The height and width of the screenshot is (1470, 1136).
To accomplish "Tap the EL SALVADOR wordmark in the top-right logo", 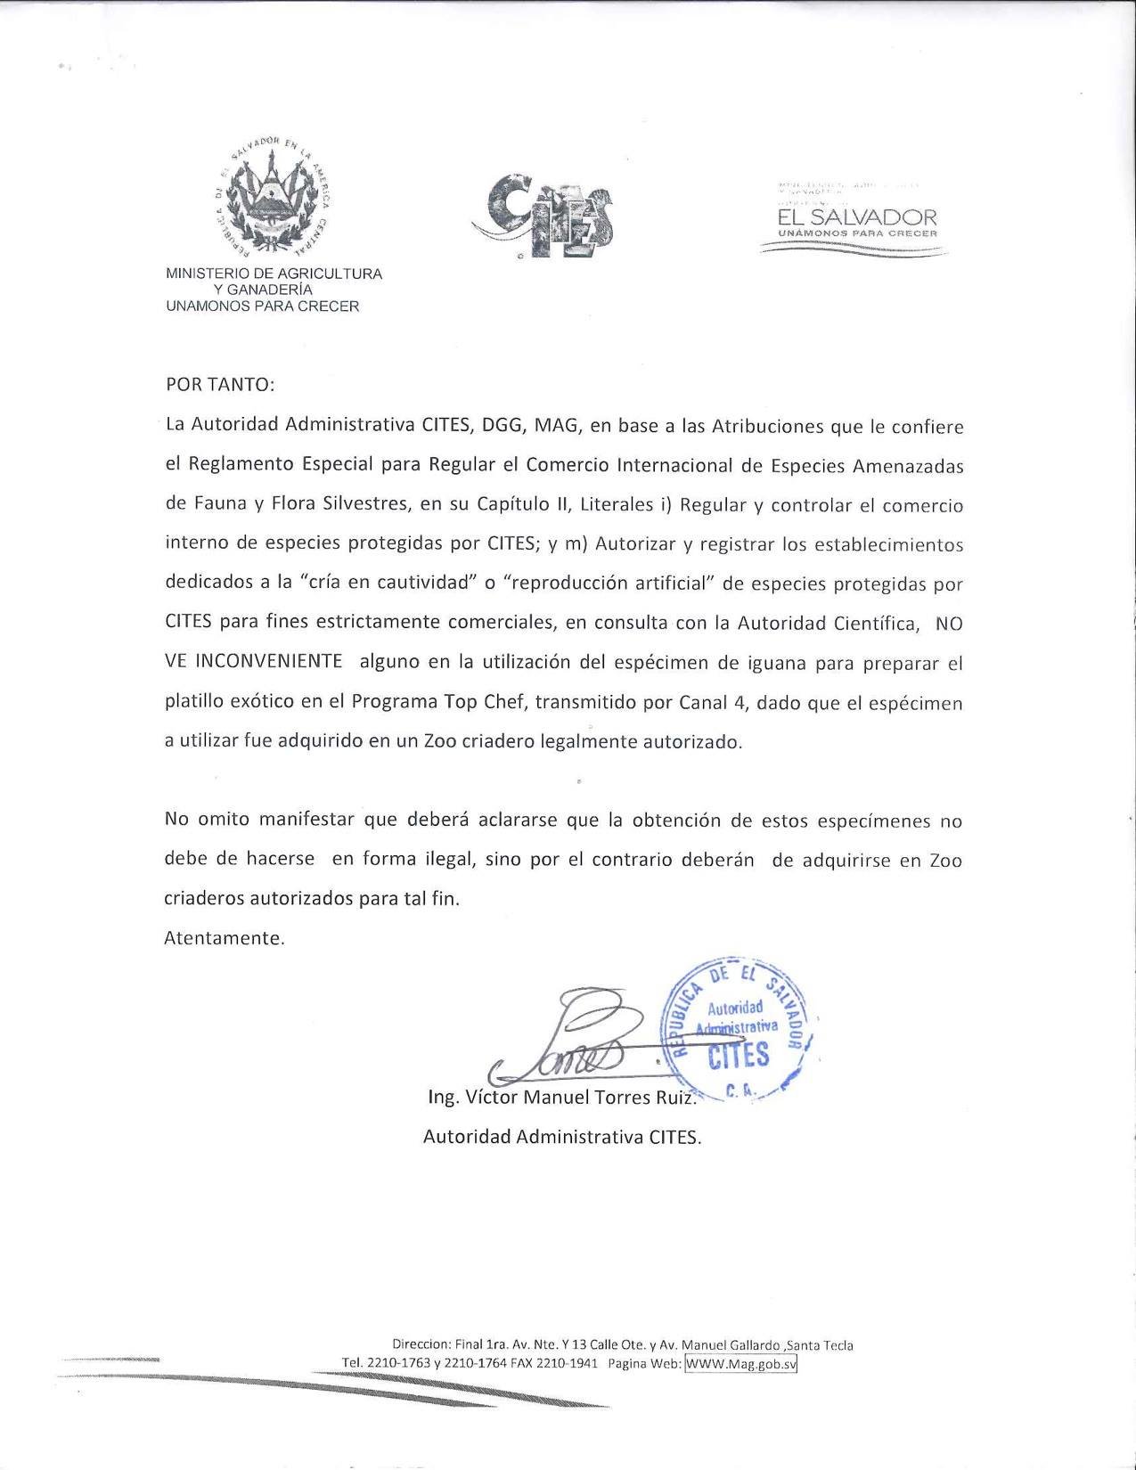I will click(857, 216).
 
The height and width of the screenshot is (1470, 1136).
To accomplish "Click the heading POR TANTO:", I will click(220, 385).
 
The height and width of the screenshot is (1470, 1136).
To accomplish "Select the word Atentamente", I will click(225, 938).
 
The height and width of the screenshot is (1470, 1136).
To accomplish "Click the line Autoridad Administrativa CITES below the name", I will click(562, 1138).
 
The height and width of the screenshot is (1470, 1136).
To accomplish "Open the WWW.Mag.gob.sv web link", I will click(740, 1364).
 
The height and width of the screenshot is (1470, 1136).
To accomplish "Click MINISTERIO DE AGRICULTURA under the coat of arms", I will click(274, 274).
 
